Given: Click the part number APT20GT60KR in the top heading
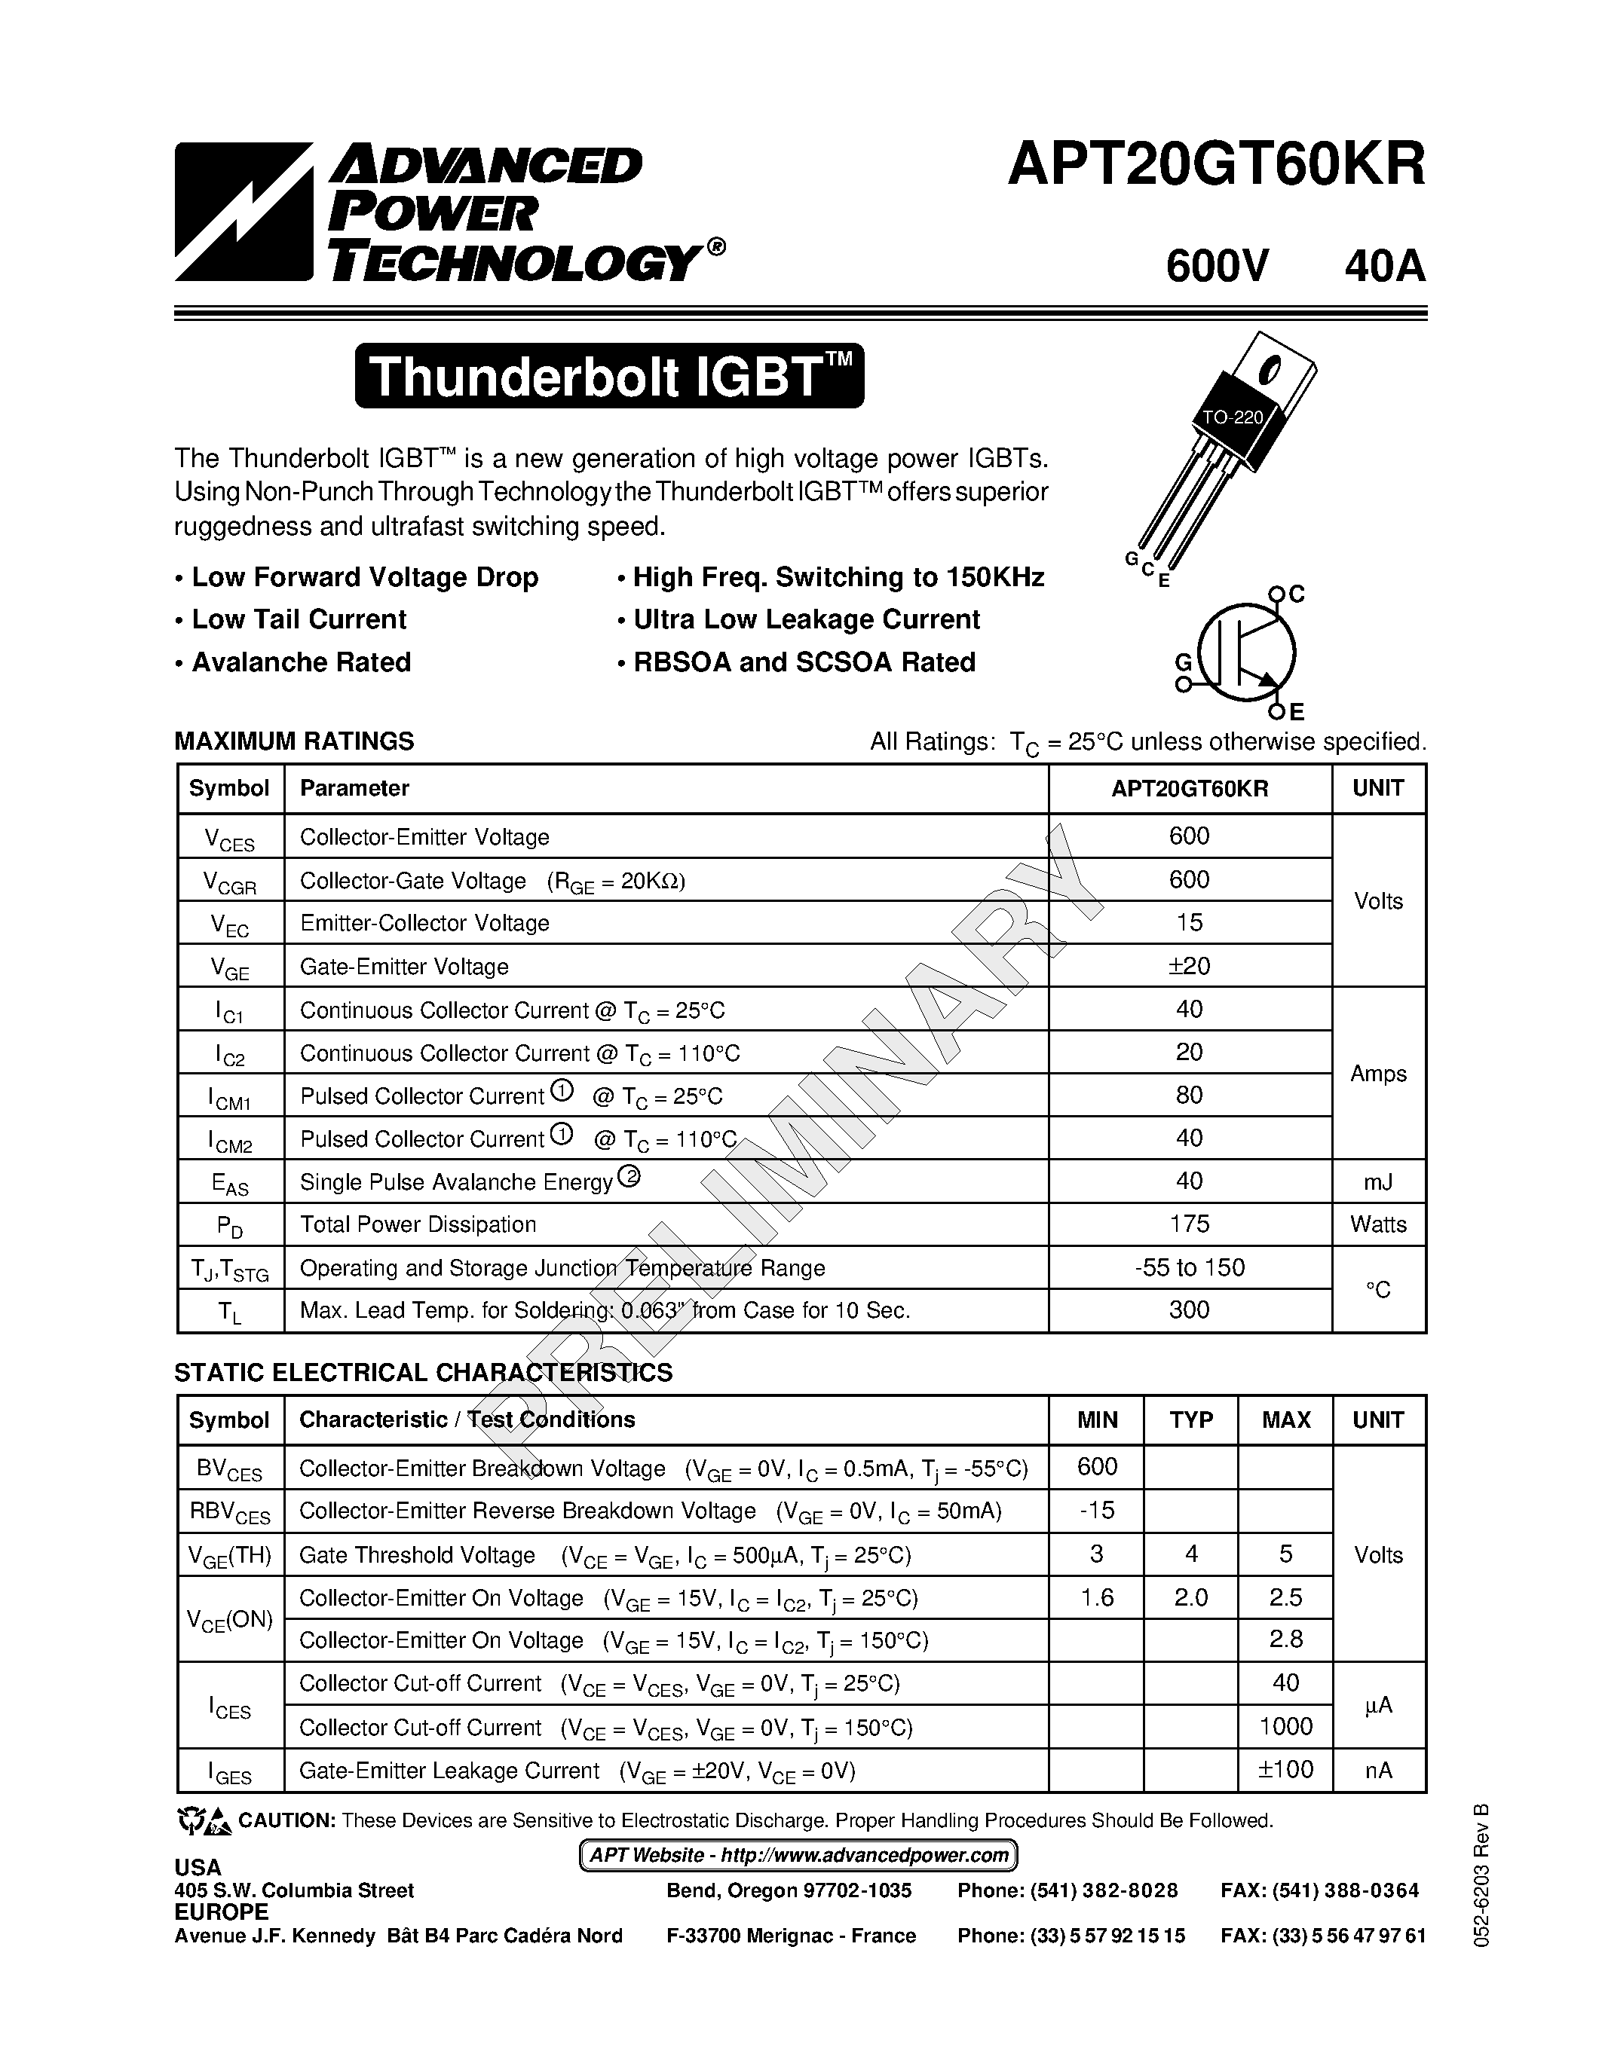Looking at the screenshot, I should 1216,165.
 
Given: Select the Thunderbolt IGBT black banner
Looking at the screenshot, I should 609,377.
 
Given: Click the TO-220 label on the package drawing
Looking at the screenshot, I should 1232,417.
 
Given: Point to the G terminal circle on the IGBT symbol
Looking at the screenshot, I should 1183,683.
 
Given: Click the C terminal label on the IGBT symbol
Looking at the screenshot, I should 1297,594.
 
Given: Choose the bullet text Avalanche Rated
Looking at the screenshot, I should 301,662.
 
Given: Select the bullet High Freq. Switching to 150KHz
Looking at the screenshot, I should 838,578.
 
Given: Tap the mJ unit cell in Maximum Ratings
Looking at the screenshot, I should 1378,1181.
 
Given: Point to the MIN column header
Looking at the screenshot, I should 1097,1420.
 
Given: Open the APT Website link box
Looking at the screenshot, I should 798,1855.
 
